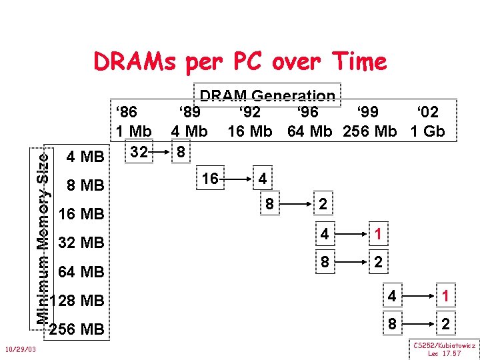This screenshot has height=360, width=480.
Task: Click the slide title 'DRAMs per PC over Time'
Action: [240, 61]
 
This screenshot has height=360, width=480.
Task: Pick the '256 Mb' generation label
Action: [369, 131]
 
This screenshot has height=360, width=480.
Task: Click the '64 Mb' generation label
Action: [309, 131]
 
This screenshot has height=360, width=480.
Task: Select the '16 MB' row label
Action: [81, 214]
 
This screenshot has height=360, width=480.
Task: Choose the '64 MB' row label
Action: [81, 272]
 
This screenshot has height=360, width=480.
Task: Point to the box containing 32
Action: [138, 153]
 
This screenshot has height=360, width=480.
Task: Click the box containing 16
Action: [211, 178]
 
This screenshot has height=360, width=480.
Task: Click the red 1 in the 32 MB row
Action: [377, 235]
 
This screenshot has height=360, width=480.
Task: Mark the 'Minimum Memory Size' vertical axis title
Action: [45, 233]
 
